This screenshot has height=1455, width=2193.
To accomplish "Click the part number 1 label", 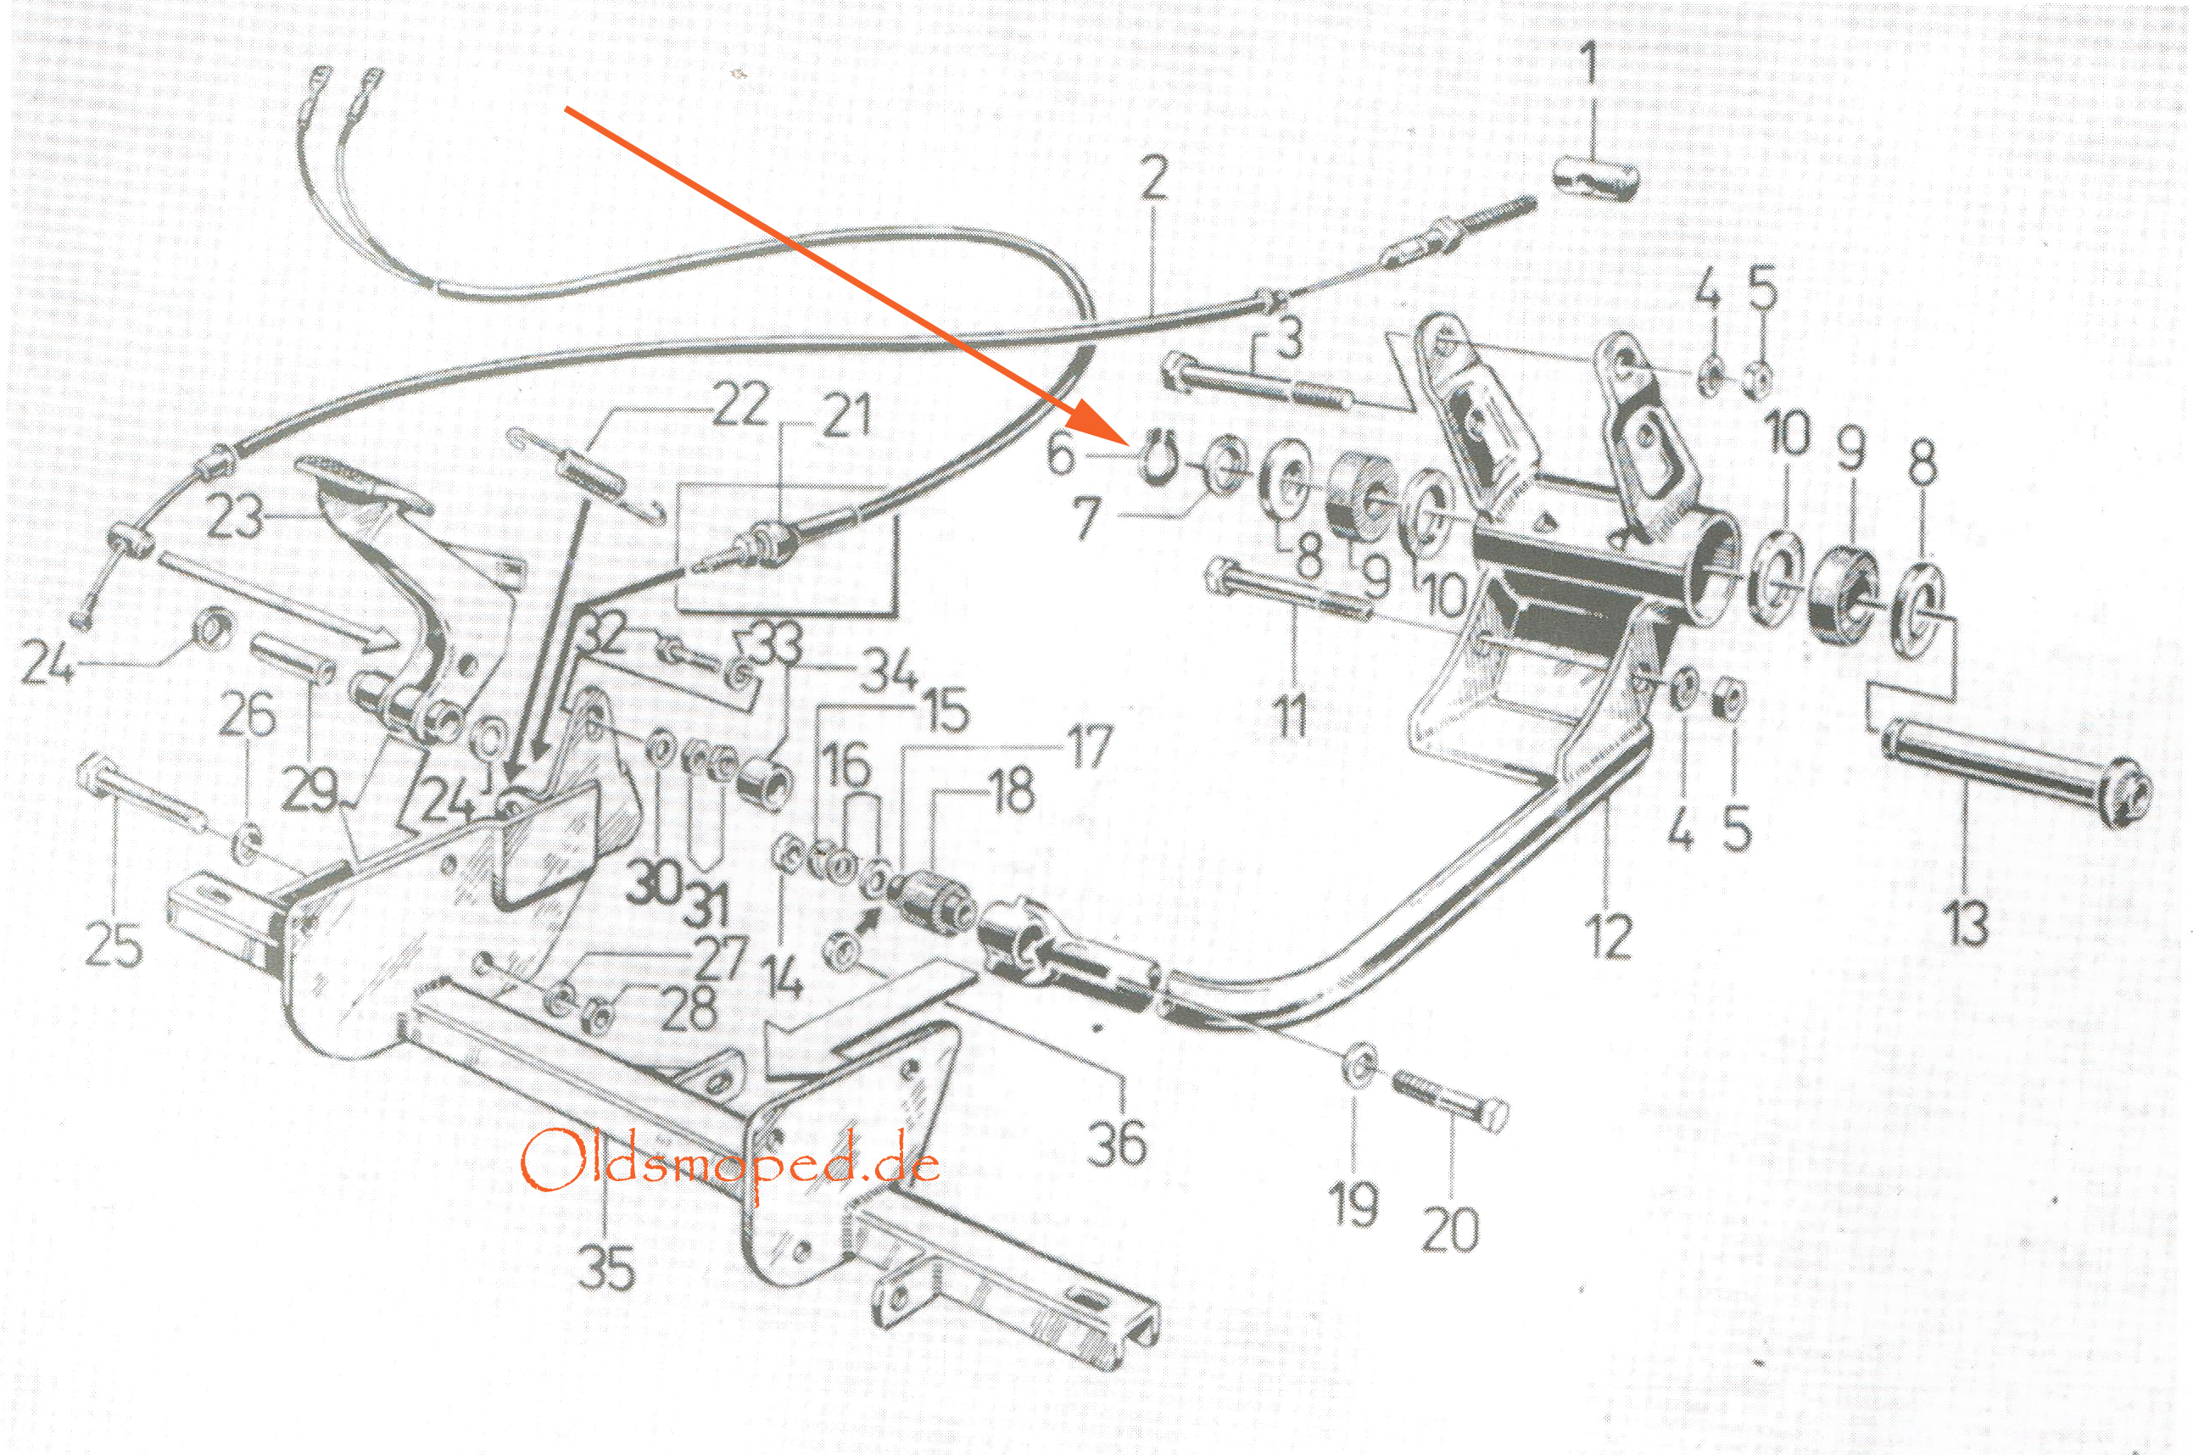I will [x=1589, y=67].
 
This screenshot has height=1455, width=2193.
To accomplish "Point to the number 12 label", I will [x=1609, y=937].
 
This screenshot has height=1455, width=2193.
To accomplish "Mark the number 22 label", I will [x=739, y=405].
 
